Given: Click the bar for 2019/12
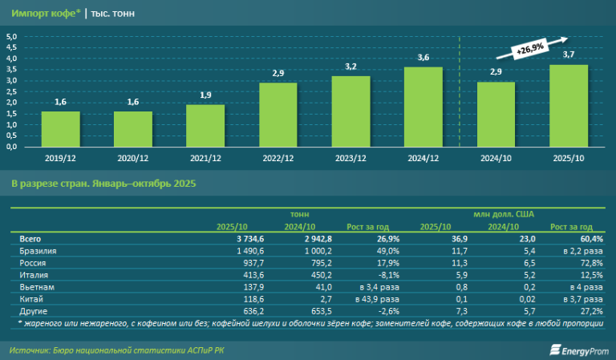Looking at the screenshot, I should point(60,129).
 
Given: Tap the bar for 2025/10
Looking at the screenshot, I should point(568,106).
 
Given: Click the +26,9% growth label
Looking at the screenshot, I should point(529,50).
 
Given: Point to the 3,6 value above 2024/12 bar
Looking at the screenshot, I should point(423,58).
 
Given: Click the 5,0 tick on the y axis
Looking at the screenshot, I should point(12,37).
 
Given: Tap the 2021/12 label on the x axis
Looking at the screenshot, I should point(205,157).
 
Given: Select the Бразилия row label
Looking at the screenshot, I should point(37,250).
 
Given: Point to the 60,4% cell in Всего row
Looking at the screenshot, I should point(589,239).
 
